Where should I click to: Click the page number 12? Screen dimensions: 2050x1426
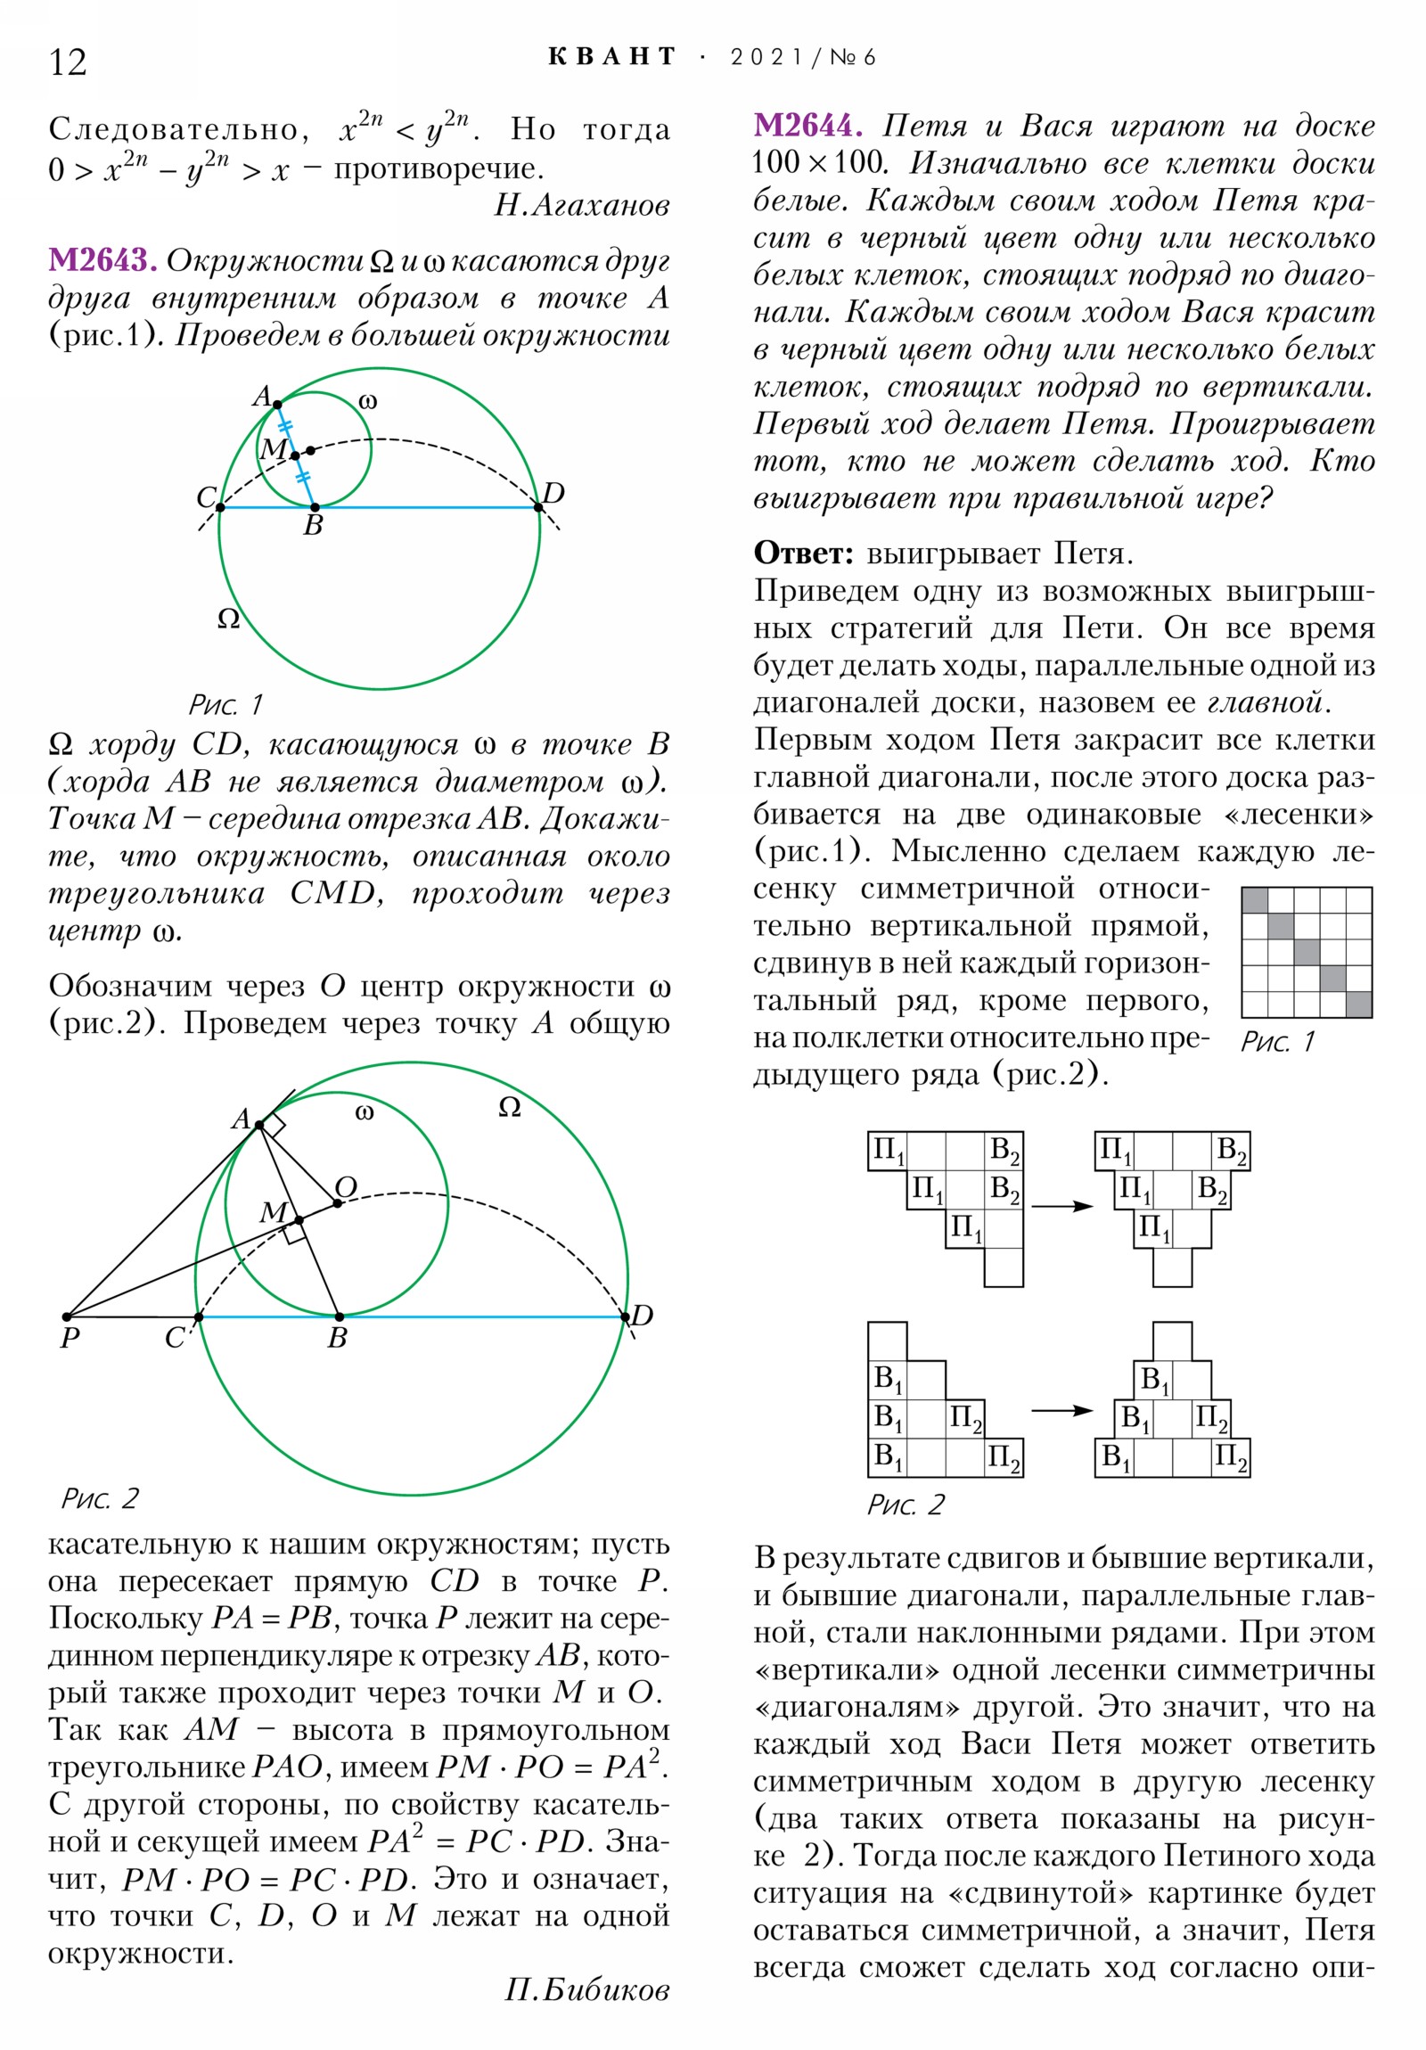tap(68, 62)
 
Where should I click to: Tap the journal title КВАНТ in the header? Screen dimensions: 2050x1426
tap(611, 57)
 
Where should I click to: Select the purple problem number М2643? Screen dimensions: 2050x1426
tap(102, 260)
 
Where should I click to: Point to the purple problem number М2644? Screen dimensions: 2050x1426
tap(807, 126)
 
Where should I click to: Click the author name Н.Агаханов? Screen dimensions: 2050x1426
tap(582, 205)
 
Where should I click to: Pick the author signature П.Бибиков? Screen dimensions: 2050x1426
tap(586, 1990)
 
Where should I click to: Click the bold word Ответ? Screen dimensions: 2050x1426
tap(804, 553)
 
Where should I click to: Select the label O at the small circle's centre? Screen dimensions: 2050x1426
tap(347, 1186)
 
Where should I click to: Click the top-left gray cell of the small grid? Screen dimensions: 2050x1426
tap(1255, 900)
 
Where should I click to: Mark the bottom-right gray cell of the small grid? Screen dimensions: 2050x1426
tap(1358, 1004)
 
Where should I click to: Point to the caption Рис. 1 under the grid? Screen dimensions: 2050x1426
tap(1277, 1041)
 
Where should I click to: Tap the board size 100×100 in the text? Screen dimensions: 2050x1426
tap(820, 163)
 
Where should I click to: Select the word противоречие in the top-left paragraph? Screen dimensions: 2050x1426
tap(438, 168)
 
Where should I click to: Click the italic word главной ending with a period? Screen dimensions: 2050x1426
tap(1269, 702)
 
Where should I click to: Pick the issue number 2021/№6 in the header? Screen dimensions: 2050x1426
tap(803, 57)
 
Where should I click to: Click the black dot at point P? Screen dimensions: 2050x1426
tap(67, 1316)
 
